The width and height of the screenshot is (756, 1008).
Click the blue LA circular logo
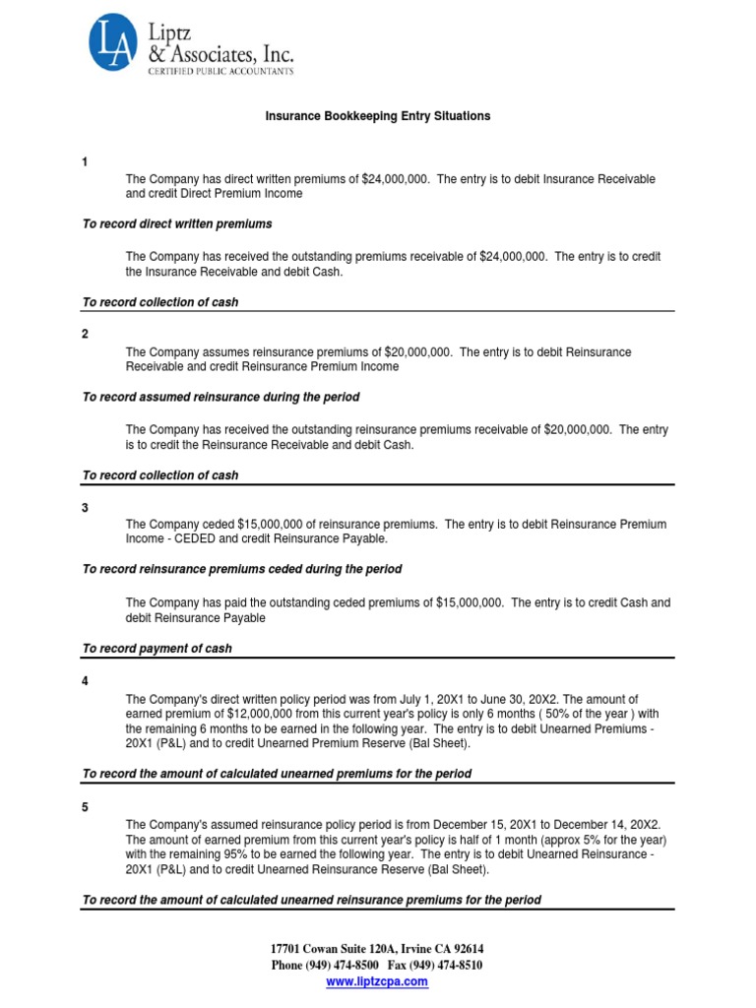click(x=112, y=41)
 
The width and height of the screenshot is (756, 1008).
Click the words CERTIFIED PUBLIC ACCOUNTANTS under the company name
click(x=220, y=71)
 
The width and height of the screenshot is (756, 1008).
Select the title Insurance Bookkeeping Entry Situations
click(x=378, y=116)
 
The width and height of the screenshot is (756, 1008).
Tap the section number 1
click(x=85, y=161)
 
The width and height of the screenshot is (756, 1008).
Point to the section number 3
click(x=85, y=507)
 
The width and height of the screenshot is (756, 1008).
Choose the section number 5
click(x=85, y=807)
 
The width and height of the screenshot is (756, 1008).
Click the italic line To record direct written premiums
click(x=177, y=224)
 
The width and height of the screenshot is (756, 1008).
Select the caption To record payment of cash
click(x=157, y=649)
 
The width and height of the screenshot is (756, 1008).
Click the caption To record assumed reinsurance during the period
click(x=221, y=398)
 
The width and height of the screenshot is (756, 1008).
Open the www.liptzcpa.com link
click(x=377, y=981)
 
